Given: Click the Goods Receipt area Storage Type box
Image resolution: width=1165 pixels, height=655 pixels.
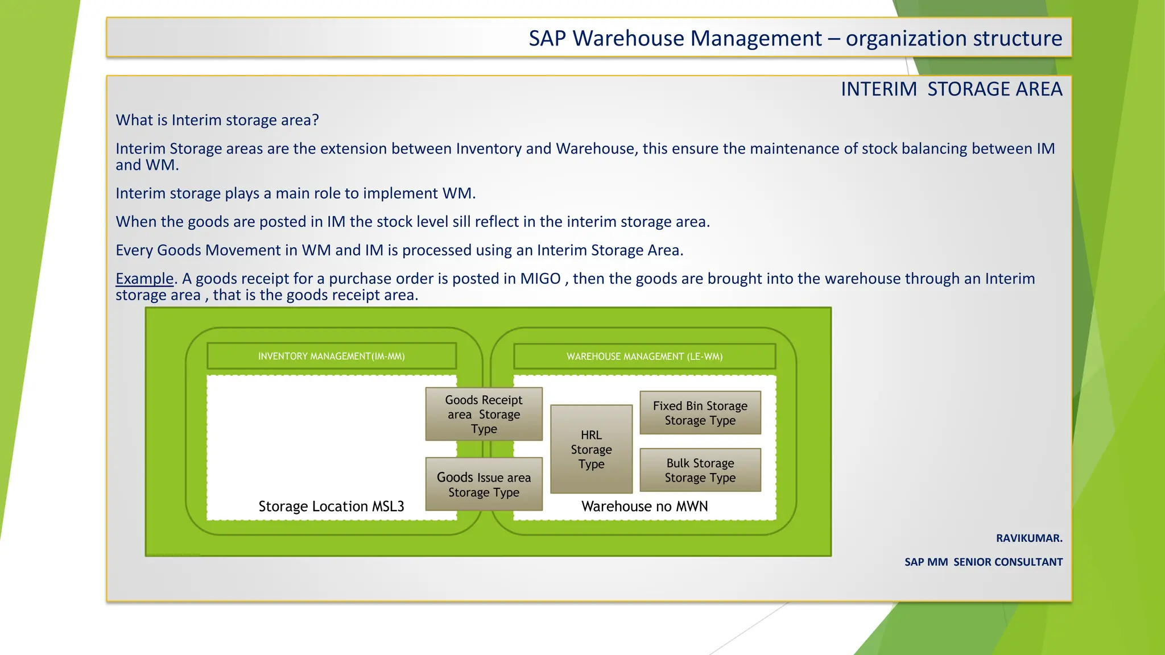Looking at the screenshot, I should [484, 414].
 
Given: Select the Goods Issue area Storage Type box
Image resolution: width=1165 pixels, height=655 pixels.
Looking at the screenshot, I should [484, 484].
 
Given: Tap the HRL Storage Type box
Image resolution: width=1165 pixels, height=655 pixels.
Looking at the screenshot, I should [591, 449].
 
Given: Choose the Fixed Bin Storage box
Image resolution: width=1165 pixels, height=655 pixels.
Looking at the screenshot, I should [700, 413].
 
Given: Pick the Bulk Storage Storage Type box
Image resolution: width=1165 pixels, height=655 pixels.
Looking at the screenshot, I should [700, 470].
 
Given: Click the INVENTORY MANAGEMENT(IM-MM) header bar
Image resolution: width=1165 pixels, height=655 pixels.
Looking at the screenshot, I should [331, 356].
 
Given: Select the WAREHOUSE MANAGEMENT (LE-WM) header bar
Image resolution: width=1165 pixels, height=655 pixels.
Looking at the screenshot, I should [644, 356].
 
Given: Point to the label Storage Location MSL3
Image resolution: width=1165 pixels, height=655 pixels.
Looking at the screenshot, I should [331, 506].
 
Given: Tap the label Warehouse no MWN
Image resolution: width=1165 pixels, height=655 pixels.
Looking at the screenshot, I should [644, 506].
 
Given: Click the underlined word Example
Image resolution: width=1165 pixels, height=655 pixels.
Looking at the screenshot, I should [144, 279].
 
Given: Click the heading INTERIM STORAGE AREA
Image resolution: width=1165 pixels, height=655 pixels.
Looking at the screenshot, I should [951, 89].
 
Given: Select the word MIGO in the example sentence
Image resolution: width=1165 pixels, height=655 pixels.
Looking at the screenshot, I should [540, 279].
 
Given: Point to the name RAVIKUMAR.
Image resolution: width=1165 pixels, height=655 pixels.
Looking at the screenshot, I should [1028, 538].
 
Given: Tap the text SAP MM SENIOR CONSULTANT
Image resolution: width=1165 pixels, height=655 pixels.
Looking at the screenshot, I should [983, 562].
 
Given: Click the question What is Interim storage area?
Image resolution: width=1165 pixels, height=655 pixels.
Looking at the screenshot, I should [217, 120].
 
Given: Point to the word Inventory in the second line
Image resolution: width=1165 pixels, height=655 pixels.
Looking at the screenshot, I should [488, 148].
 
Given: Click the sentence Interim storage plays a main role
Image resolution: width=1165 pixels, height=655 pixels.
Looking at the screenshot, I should [295, 193].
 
